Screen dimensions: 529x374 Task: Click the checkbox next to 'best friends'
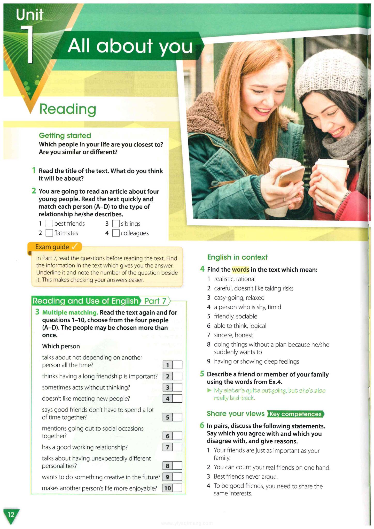(x=49, y=224)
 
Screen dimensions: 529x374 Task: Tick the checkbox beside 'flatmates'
(x=49, y=233)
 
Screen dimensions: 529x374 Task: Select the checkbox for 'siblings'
(x=116, y=224)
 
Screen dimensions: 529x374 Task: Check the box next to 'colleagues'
(x=116, y=233)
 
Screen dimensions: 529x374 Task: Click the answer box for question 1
(x=177, y=365)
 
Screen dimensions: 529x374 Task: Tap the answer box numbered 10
(x=177, y=488)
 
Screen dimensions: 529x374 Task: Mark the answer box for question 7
(x=177, y=447)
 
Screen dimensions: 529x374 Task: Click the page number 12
(x=11, y=515)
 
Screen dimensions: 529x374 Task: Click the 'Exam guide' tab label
(x=52, y=247)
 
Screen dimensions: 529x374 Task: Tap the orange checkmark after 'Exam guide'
(x=75, y=247)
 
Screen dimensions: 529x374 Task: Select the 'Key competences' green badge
(x=295, y=414)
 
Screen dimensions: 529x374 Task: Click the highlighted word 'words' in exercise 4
(x=240, y=270)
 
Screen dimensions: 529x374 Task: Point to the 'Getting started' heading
(x=65, y=135)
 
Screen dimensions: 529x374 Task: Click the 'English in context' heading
(x=237, y=257)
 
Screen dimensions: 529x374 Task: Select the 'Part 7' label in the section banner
(x=155, y=301)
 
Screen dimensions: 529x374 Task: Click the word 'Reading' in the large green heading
(x=68, y=109)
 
